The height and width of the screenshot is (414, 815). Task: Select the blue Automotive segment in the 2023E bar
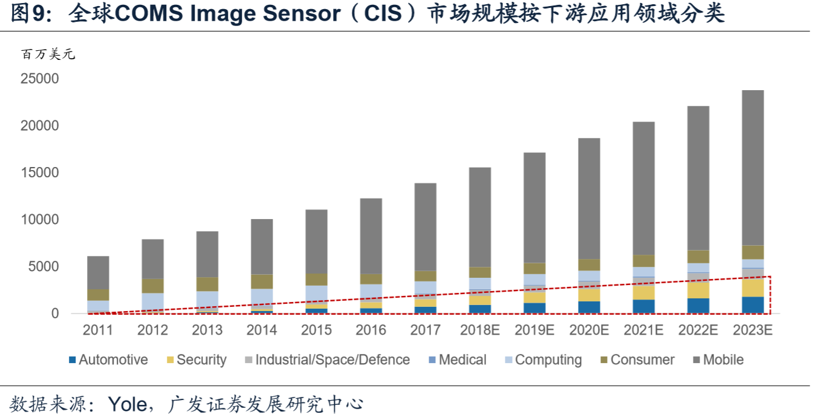(x=753, y=305)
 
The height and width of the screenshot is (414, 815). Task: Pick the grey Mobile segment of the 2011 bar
(x=99, y=272)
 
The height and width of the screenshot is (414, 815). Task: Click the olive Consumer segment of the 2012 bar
(x=153, y=286)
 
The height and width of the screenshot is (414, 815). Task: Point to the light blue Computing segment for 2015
(x=317, y=293)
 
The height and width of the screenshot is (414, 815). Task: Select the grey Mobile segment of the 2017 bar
(x=426, y=227)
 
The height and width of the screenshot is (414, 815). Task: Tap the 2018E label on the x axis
(x=480, y=330)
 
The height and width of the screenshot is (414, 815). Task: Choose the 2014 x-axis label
(x=262, y=330)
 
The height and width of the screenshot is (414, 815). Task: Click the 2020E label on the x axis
(x=589, y=330)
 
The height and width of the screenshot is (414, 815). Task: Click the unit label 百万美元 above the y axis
(x=48, y=55)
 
